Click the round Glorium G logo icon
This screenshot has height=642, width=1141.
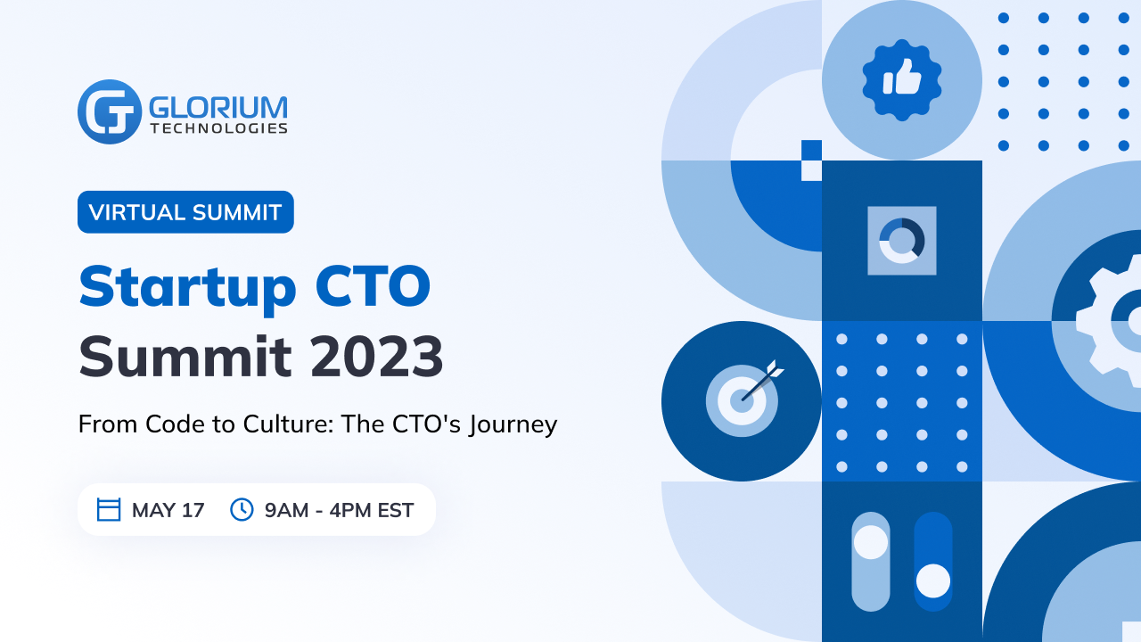pyautogui.click(x=110, y=111)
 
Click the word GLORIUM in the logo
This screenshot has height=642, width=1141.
pyautogui.click(x=218, y=108)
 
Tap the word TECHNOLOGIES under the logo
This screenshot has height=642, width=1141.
pyautogui.click(x=219, y=128)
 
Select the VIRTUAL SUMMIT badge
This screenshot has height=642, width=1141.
pyautogui.click(x=185, y=212)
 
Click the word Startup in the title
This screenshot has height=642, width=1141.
pyautogui.click(x=187, y=288)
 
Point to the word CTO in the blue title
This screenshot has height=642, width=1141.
pyautogui.click(x=373, y=286)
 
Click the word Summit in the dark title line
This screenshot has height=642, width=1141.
pyautogui.click(x=185, y=356)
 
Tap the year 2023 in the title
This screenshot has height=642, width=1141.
pyautogui.click(x=377, y=356)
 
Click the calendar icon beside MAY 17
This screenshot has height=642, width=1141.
pyautogui.click(x=109, y=509)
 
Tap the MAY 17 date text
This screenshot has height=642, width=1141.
pyautogui.click(x=168, y=510)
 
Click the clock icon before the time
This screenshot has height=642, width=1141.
pyautogui.click(x=242, y=509)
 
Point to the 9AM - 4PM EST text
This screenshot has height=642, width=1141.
pyautogui.click(x=339, y=510)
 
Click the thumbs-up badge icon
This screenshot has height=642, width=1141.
pyautogui.click(x=901, y=80)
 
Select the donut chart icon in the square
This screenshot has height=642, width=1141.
pyautogui.click(x=901, y=241)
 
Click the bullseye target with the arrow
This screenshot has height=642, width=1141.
pyautogui.click(x=743, y=399)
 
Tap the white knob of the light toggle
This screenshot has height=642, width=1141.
pyautogui.click(x=871, y=541)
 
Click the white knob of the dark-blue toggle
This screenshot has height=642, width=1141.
pyautogui.click(x=933, y=580)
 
